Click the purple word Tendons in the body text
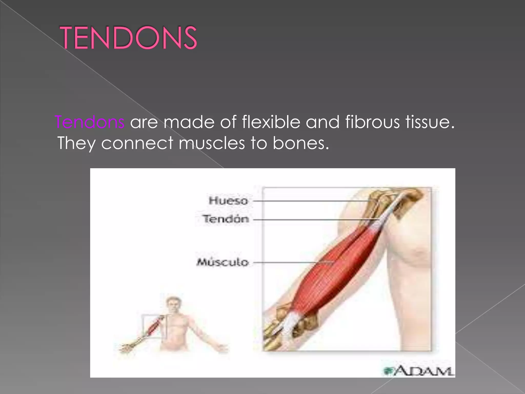click(x=90, y=122)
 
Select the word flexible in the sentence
click(x=271, y=122)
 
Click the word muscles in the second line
click(x=212, y=143)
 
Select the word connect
click(x=137, y=143)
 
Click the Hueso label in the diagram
click(x=228, y=201)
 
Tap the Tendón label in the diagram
click(x=226, y=219)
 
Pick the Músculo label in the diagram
click(x=223, y=262)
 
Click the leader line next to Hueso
click(x=308, y=201)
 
